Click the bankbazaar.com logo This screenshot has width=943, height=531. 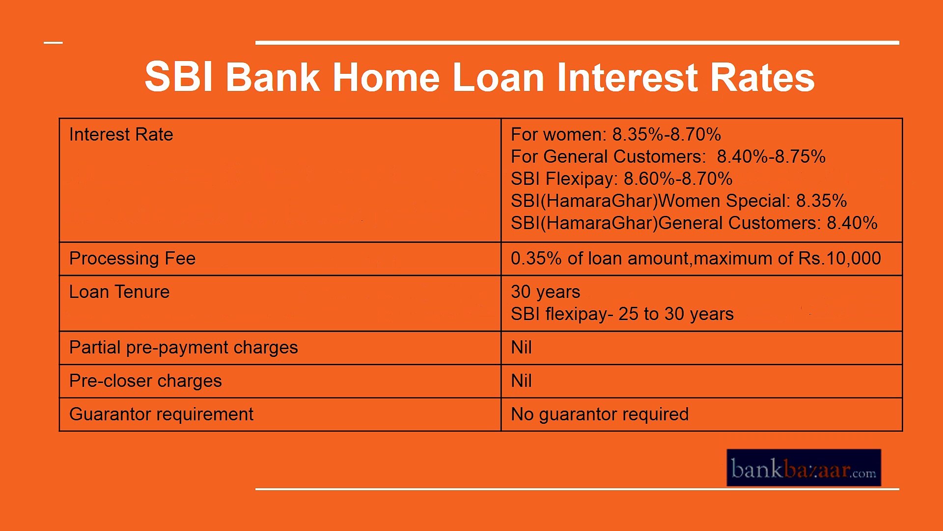[x=804, y=468]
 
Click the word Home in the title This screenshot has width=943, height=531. [x=386, y=78]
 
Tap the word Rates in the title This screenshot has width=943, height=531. [x=762, y=78]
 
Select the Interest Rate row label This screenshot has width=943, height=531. [x=121, y=135]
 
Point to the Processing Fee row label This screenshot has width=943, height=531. [x=132, y=259]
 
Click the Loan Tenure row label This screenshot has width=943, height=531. [x=119, y=292]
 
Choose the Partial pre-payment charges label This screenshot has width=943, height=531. [x=183, y=348]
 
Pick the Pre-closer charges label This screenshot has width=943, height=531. [x=145, y=381]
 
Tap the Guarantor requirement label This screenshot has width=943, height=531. [x=161, y=414]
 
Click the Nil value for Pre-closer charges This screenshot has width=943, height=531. [x=521, y=381]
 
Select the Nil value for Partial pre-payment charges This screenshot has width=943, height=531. [x=521, y=348]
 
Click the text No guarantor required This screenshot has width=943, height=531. [x=600, y=414]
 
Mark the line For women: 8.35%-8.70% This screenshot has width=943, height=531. [x=615, y=135]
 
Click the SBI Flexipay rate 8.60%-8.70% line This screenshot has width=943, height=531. [x=621, y=179]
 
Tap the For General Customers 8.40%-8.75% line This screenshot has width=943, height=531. [x=668, y=157]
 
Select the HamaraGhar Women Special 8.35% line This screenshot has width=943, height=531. [x=678, y=201]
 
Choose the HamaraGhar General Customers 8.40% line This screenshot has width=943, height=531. [x=693, y=223]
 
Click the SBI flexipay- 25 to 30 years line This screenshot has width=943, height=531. [x=622, y=314]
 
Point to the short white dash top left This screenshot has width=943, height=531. [x=54, y=43]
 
